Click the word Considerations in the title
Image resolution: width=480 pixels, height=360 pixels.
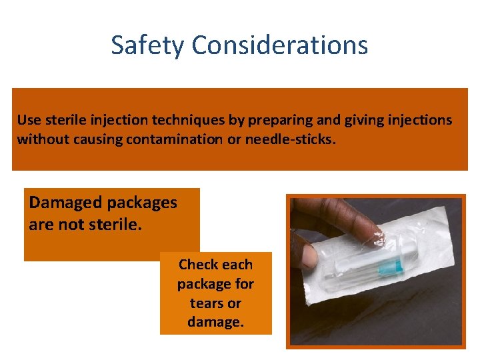279,45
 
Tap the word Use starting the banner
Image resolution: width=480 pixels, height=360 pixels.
29,120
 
